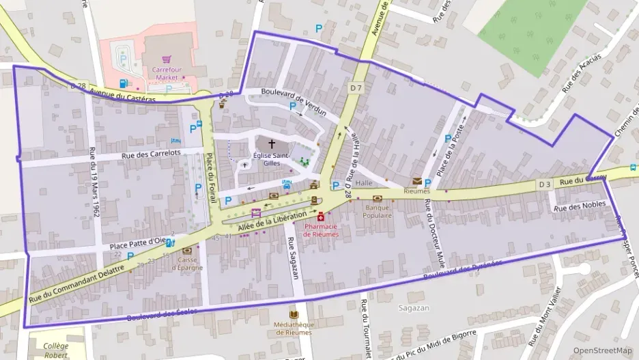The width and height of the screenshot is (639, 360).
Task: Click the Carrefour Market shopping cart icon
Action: click(x=165, y=61)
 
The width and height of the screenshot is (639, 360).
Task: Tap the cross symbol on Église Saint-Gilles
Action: click(x=272, y=144)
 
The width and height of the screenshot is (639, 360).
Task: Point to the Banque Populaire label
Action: click(x=378, y=211)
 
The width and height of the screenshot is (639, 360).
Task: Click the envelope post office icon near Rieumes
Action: click(x=416, y=181)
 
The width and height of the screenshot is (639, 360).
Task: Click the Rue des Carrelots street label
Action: click(x=151, y=154)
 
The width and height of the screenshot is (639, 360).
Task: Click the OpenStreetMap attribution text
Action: click(x=602, y=350)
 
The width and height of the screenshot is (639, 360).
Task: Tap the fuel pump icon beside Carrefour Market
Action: click(x=124, y=83)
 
